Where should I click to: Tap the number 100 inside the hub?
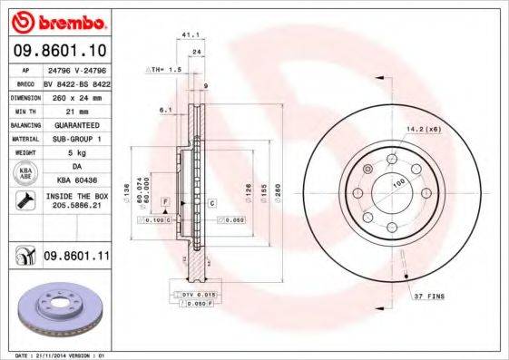coord(396,182)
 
